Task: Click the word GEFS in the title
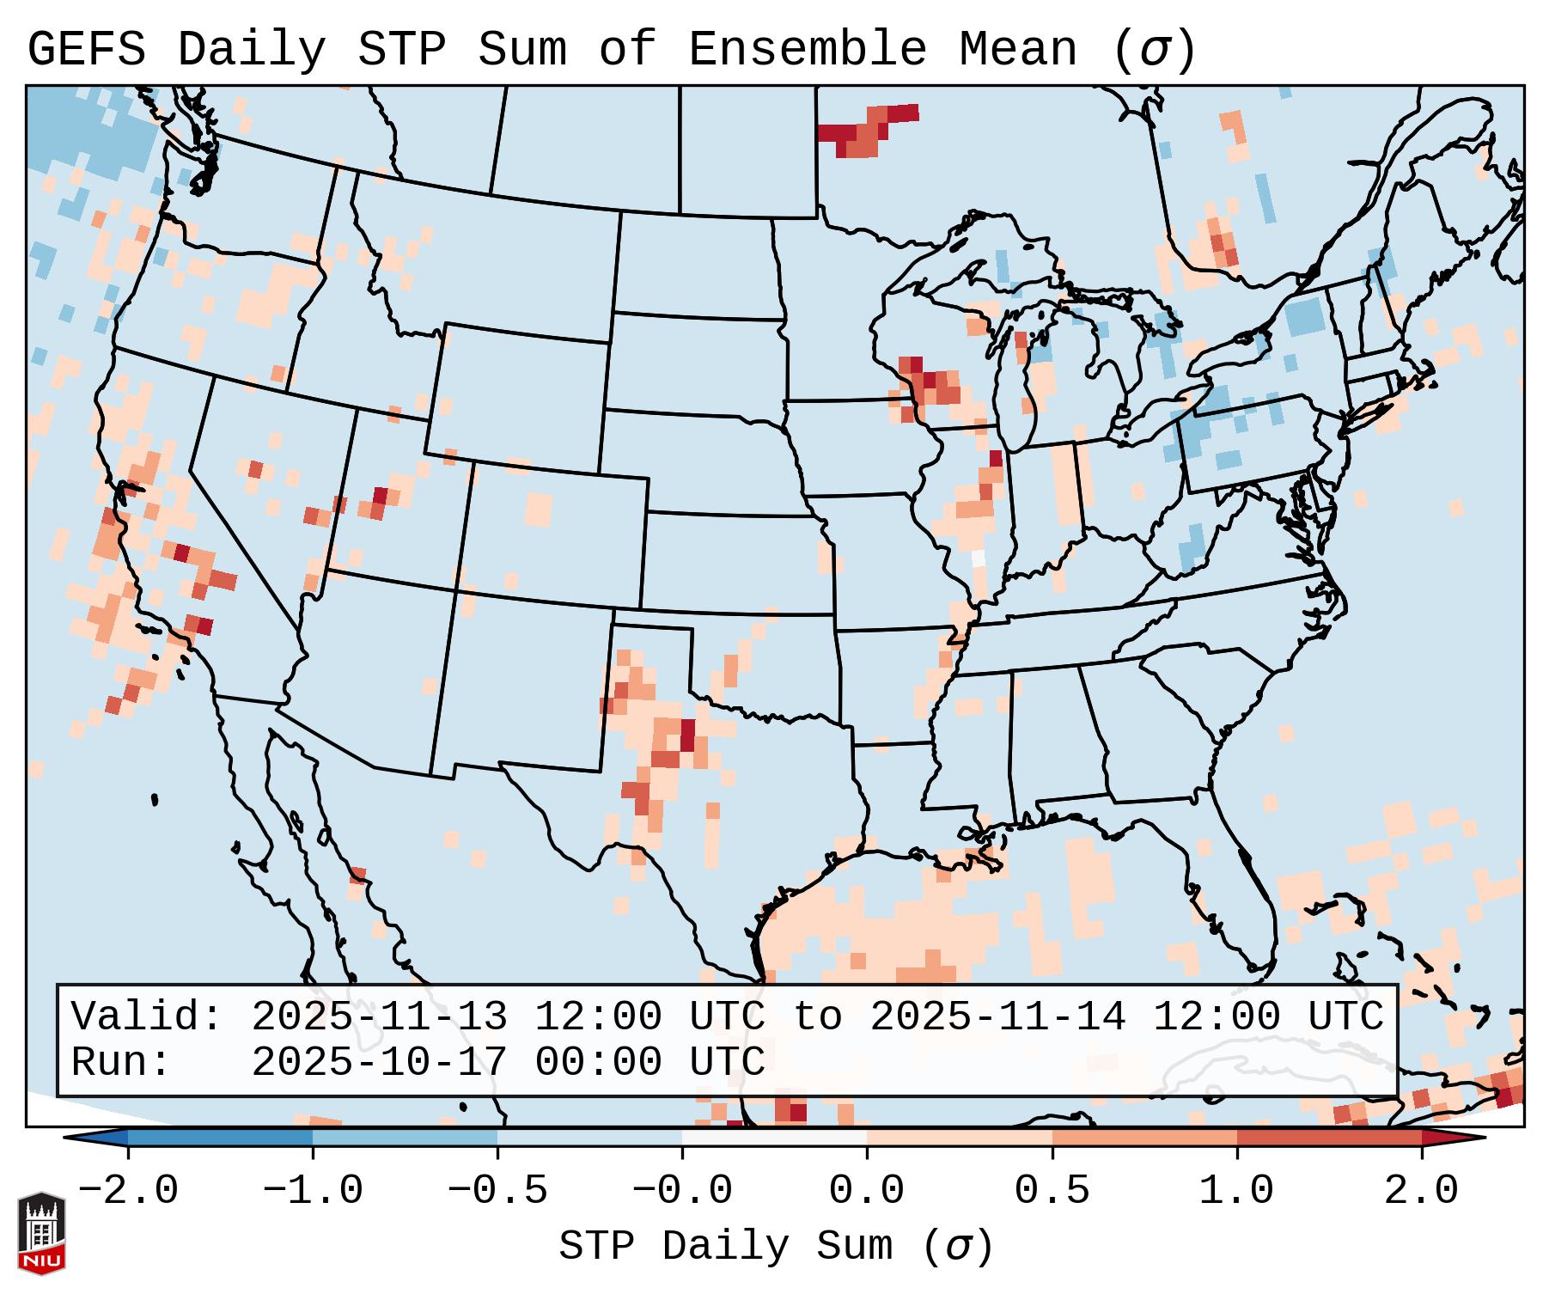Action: [86, 50]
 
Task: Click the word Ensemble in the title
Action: [807, 50]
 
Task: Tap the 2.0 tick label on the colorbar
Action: [1421, 1191]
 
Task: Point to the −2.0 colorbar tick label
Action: [128, 1191]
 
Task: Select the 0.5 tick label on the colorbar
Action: [1052, 1191]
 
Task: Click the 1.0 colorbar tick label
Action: [1236, 1191]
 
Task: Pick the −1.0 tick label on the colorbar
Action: [313, 1191]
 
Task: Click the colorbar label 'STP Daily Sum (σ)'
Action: [776, 1246]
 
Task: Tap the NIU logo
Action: [41, 1233]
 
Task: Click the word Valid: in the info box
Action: [147, 1016]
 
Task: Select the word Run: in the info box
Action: [121, 1063]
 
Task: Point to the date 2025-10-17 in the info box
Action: [379, 1063]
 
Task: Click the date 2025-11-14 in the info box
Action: [997, 1016]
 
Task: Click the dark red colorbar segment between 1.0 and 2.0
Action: [1329, 1138]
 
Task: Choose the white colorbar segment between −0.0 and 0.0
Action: [774, 1138]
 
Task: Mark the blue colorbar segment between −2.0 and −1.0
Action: [220, 1138]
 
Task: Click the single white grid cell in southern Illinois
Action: [978, 558]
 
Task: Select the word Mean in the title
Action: [1018, 50]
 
